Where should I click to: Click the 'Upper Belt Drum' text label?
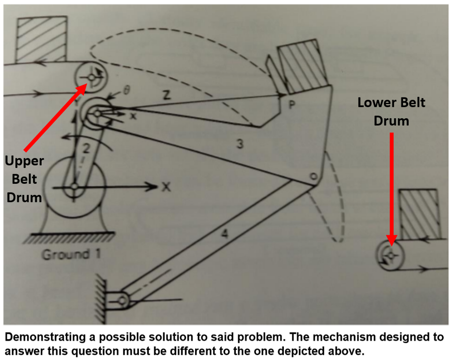pyautogui.click(x=24, y=179)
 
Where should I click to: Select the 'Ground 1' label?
pyautogui.click(x=71, y=254)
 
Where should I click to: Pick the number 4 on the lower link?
pyautogui.click(x=224, y=234)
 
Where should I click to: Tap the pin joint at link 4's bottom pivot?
pyautogui.click(x=122, y=301)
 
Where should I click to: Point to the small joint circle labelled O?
pyautogui.click(x=313, y=177)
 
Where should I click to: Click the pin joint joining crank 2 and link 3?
pyautogui.click(x=97, y=113)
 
